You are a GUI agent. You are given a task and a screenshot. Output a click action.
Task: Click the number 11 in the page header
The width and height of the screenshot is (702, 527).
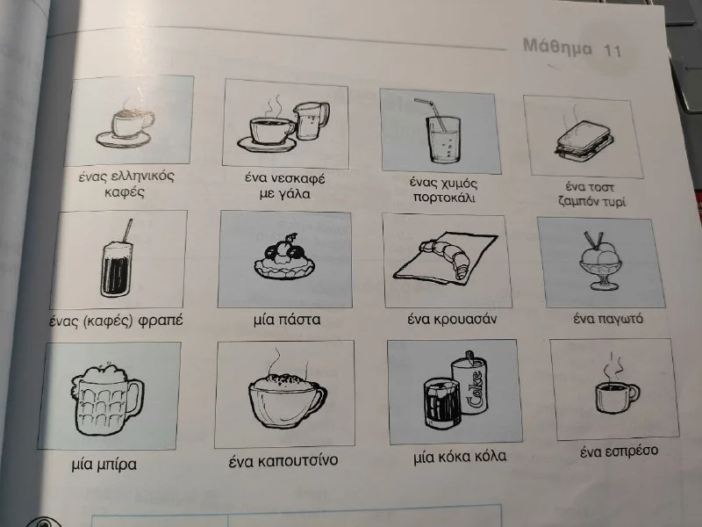pos(612,50)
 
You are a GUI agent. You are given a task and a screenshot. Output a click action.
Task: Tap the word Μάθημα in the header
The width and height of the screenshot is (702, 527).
pos(557,47)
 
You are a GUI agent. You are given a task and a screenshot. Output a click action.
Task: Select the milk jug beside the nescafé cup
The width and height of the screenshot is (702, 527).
pos(312,120)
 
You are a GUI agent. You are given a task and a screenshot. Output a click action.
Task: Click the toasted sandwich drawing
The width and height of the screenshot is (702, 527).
pos(584,140)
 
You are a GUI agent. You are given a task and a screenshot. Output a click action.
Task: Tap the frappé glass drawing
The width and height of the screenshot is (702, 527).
pos(117,268)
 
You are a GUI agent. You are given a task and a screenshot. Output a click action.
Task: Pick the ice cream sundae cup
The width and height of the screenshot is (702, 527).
pos(599,264)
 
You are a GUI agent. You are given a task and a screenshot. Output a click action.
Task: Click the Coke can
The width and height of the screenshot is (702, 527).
pos(469,386)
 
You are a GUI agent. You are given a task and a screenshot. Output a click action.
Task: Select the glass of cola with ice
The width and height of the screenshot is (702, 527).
pos(441,403)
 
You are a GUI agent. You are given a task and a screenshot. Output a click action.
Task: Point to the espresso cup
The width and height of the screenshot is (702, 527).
pos(617,396)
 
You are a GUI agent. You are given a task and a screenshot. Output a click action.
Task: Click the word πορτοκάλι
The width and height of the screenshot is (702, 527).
pos(444,198)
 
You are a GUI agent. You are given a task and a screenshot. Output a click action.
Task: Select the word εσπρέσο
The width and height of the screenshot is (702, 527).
pos(631,451)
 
